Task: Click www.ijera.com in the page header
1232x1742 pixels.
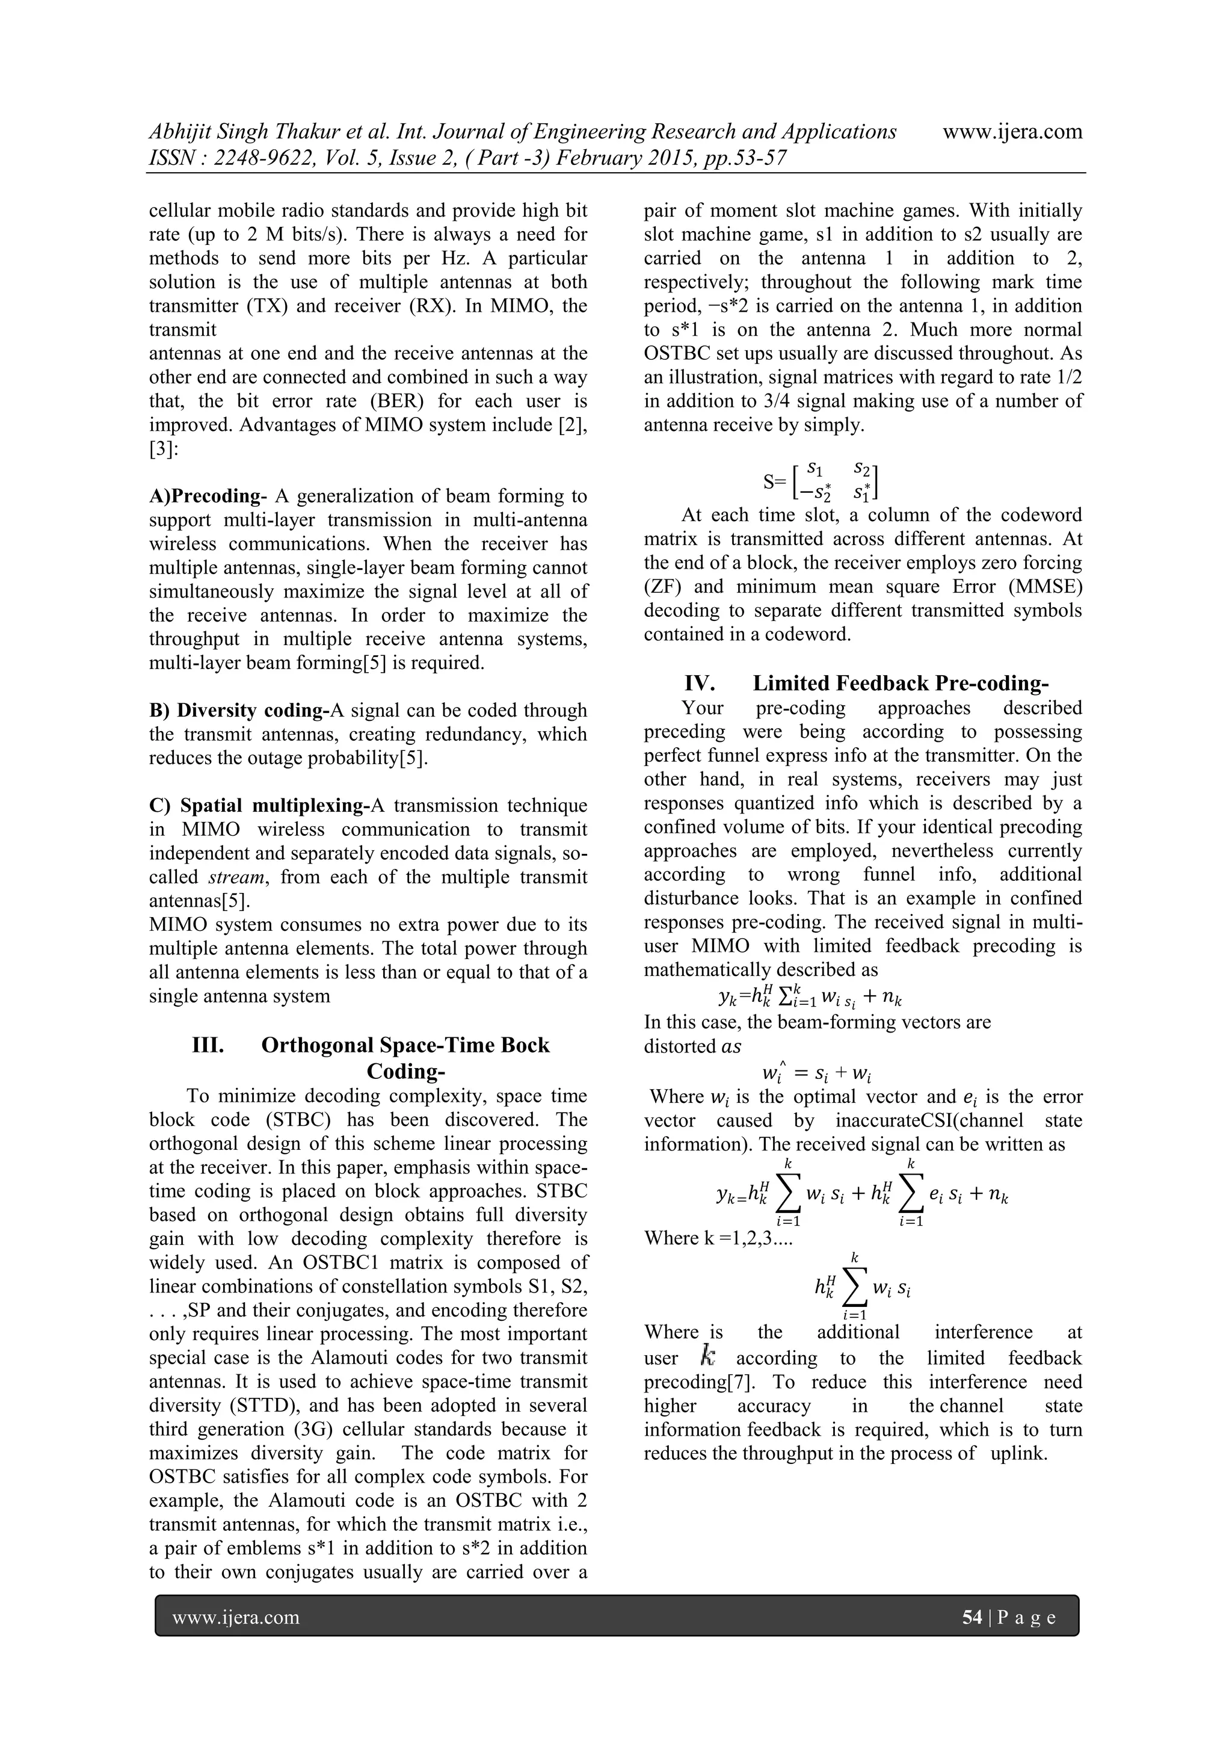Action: tap(1012, 132)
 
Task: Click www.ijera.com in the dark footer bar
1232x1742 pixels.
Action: tap(235, 1617)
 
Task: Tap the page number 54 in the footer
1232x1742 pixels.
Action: tap(972, 1617)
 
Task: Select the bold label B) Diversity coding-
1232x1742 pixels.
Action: tap(238, 710)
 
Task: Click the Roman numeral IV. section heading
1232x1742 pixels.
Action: tap(700, 683)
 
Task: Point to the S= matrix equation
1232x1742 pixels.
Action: tap(820, 481)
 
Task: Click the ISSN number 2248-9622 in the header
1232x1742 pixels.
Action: tap(247, 158)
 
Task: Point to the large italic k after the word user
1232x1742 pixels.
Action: tap(708, 1355)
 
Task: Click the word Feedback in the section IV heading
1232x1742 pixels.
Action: tap(881, 683)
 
